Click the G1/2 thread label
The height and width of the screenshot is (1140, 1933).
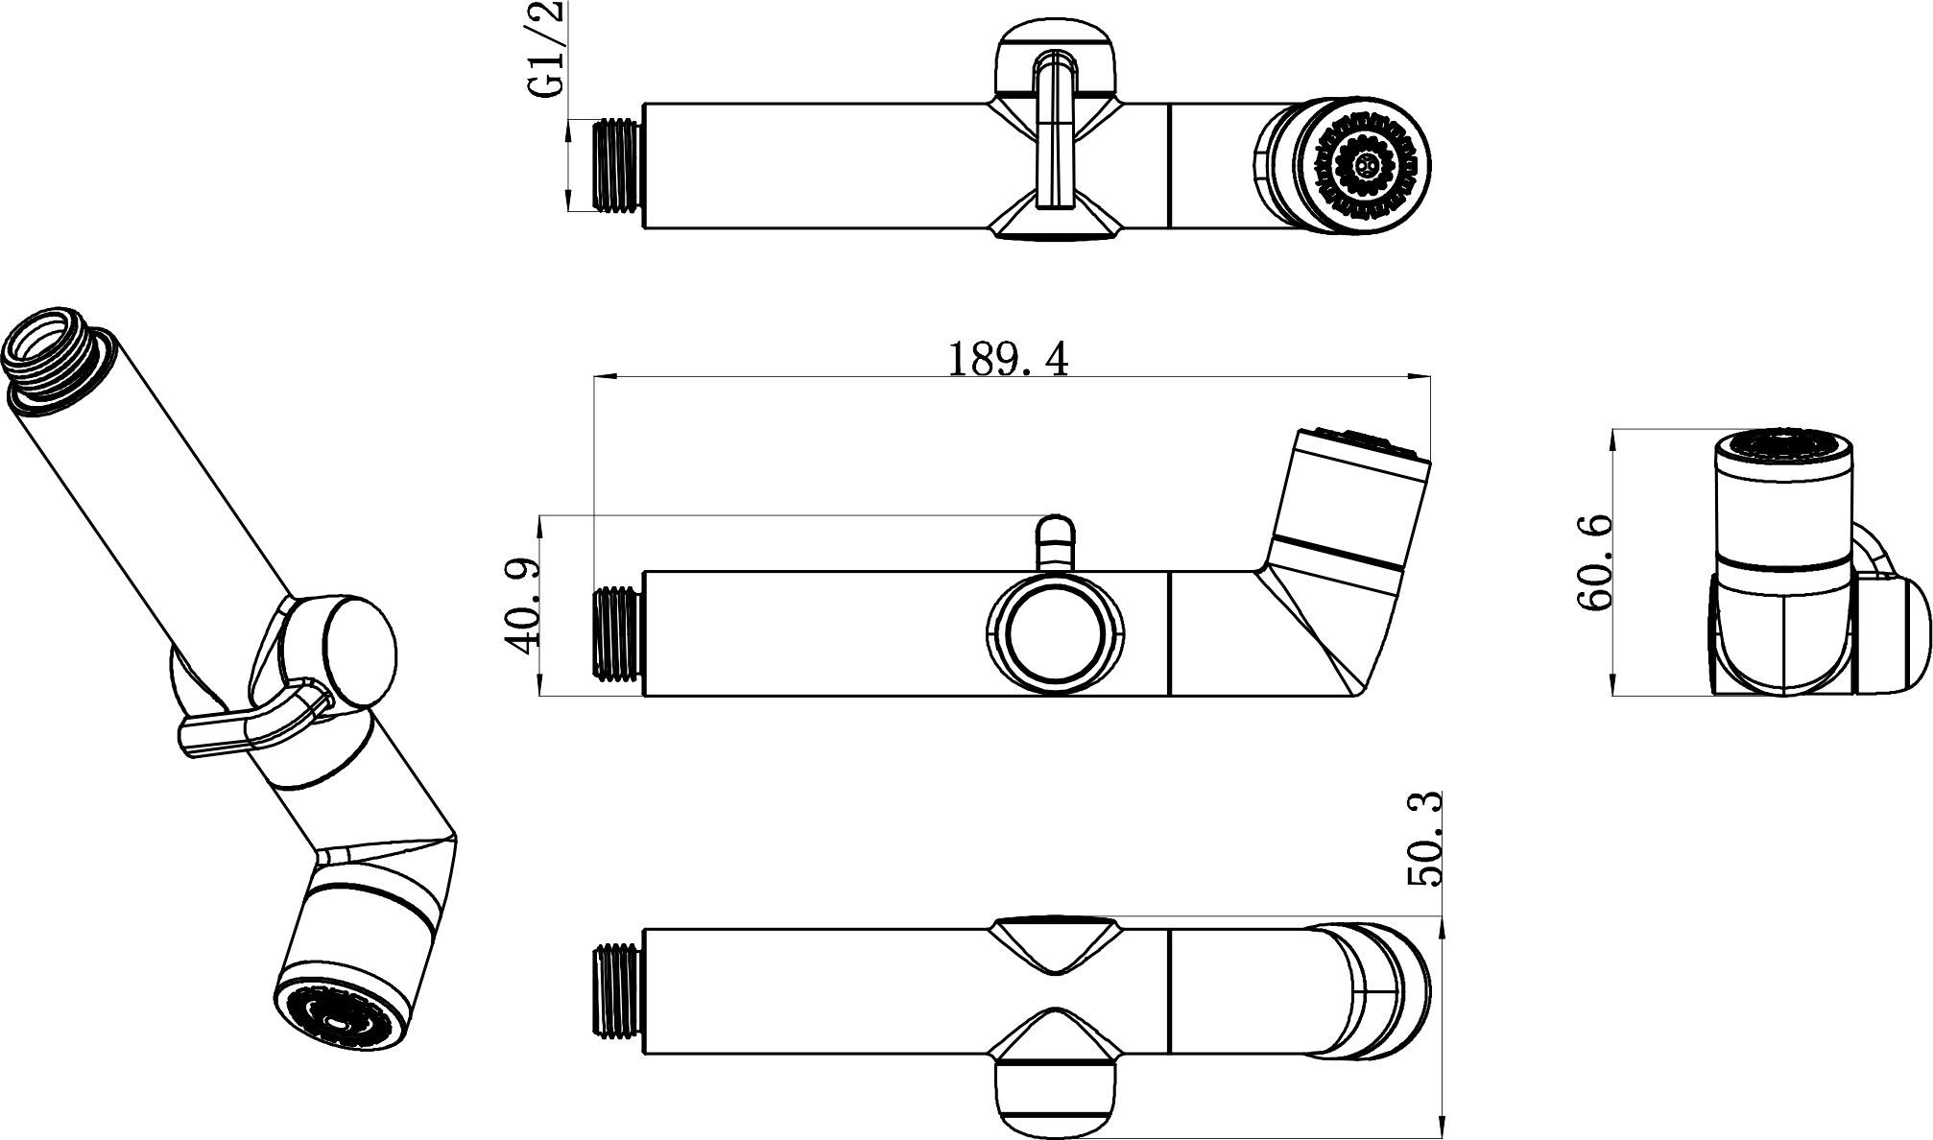[x=546, y=50]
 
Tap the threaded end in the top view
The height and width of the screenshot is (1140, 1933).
[x=618, y=165]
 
